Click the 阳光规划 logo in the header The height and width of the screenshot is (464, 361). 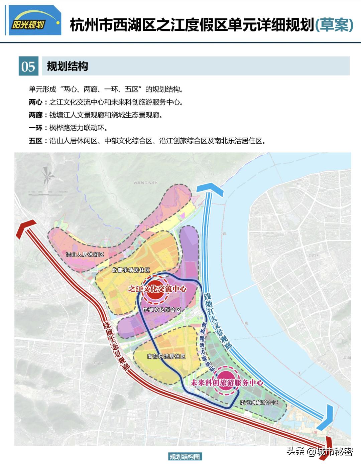tap(33, 21)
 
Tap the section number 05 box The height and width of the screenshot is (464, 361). tap(28, 66)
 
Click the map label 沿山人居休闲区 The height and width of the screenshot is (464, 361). tap(85, 255)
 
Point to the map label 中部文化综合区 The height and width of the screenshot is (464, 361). tap(162, 310)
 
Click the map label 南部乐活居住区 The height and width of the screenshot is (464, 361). tap(166, 356)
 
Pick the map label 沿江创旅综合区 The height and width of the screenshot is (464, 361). tap(259, 403)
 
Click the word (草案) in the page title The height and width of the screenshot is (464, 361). tap(334, 25)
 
